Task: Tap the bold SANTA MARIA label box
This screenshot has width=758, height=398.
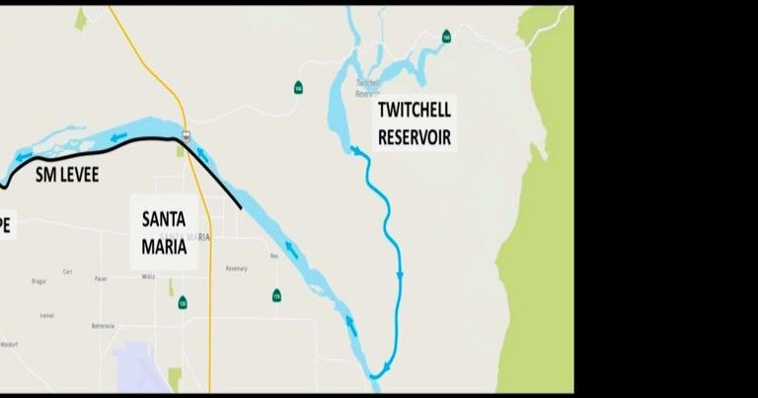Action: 164,232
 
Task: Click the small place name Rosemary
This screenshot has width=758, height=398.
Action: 237,269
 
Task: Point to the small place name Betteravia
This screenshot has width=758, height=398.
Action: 103,325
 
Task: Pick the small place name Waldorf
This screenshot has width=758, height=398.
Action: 9,345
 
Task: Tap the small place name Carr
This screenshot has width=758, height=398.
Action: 67,271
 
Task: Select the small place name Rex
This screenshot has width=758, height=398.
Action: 274,256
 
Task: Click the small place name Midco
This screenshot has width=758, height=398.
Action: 148,277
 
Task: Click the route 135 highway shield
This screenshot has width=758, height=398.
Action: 183,302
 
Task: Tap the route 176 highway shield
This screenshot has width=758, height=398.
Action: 276,295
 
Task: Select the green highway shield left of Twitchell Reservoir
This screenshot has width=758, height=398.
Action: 297,88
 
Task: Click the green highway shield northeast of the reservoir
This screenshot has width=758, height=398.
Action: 446,37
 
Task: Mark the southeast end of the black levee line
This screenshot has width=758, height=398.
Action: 241,207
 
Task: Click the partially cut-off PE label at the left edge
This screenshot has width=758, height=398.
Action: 5,225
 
